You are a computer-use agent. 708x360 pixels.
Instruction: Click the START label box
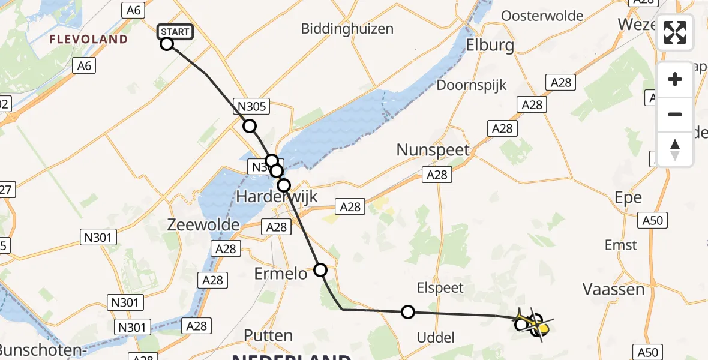[175, 32]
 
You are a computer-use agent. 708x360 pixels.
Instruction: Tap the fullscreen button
[675, 32]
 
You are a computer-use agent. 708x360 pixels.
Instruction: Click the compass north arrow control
[675, 149]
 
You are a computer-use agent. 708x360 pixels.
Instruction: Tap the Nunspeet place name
[433, 149]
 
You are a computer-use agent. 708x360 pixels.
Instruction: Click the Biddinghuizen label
[347, 28]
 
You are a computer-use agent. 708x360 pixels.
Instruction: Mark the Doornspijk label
[472, 85]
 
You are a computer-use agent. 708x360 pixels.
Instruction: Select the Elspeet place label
[441, 288]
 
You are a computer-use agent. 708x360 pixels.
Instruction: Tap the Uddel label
[436, 338]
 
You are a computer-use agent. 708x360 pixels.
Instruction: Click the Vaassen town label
[614, 289]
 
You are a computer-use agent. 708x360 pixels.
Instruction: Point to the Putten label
[268, 335]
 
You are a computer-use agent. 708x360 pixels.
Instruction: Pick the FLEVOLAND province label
[88, 40]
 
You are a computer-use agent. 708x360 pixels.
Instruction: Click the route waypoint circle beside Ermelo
[321, 270]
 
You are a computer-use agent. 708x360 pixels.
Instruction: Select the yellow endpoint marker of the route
[543, 328]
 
